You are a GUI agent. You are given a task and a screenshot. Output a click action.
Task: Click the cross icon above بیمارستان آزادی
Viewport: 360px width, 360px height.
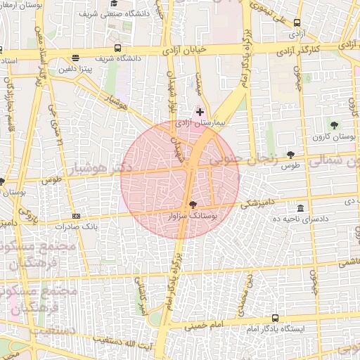[x=200, y=112]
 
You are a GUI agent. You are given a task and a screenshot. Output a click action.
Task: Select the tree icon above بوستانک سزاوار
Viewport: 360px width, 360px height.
[x=193, y=204]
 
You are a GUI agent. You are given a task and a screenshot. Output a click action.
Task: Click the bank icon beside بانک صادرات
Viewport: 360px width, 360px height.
[x=76, y=216]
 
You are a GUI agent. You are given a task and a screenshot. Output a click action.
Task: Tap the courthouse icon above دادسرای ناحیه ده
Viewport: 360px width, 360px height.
[x=301, y=209]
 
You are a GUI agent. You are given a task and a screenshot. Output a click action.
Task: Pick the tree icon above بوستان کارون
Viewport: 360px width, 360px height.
[x=334, y=124]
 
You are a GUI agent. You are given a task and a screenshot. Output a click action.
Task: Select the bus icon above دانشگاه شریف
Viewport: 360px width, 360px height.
[x=117, y=49]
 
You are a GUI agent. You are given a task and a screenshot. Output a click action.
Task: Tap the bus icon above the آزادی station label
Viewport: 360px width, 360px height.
[x=297, y=22]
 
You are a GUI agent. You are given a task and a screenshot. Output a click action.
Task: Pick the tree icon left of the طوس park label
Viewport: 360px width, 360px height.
[x=290, y=154]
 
